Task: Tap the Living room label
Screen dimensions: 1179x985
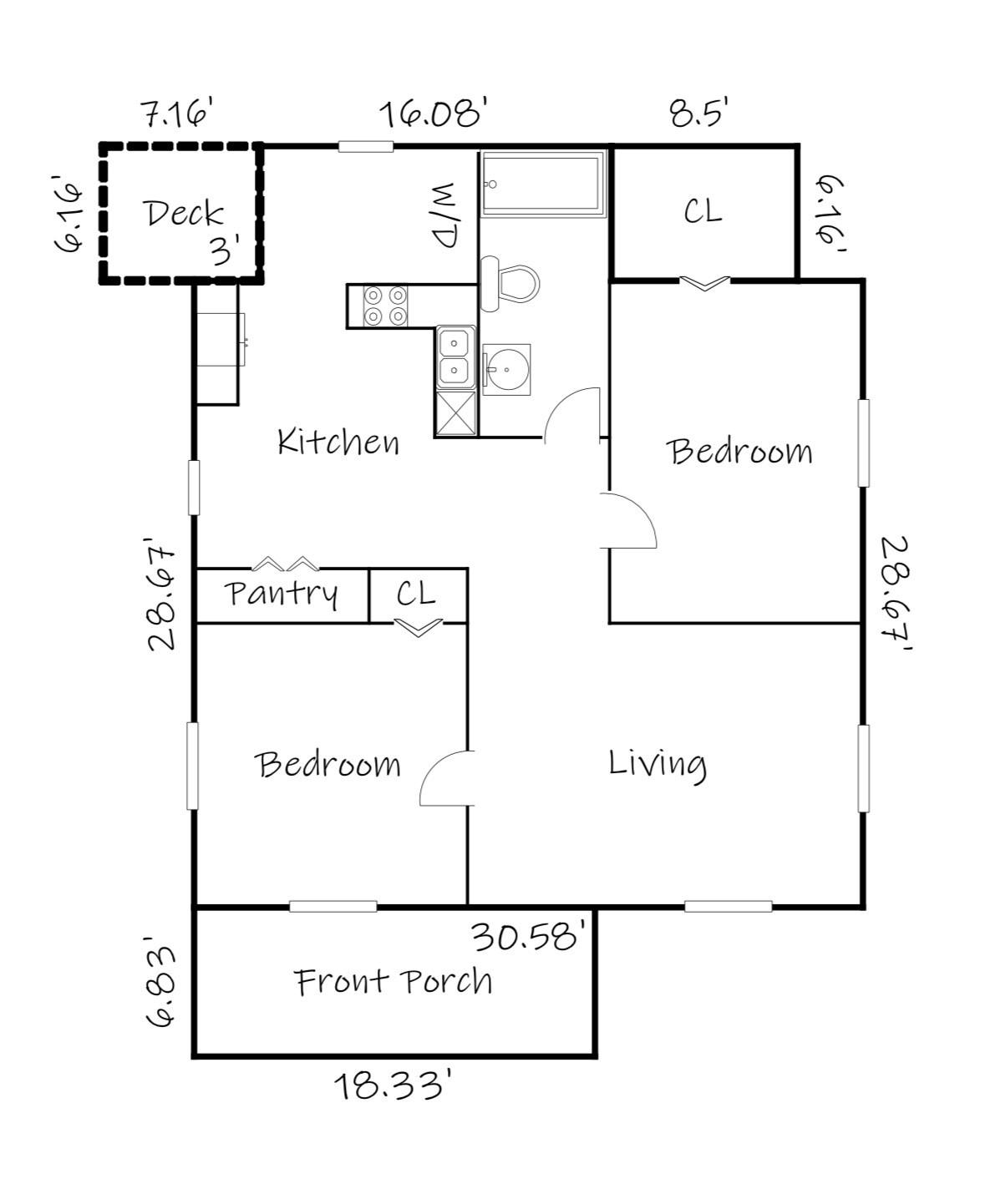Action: pyautogui.click(x=658, y=764)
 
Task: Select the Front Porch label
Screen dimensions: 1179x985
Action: pyautogui.click(x=393, y=981)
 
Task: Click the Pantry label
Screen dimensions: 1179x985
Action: pyautogui.click(x=282, y=594)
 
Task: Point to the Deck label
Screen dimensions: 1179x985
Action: pyautogui.click(x=185, y=214)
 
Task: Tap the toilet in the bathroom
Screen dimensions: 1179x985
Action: pyautogui.click(x=510, y=283)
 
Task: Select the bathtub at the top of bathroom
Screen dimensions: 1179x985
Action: pyautogui.click(x=542, y=184)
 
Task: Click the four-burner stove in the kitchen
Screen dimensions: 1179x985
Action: pyautogui.click(x=386, y=306)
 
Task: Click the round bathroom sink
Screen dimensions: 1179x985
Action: pyautogui.click(x=506, y=368)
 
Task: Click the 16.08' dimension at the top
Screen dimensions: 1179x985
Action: pyautogui.click(x=434, y=113)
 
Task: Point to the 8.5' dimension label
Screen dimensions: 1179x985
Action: pyautogui.click(x=700, y=113)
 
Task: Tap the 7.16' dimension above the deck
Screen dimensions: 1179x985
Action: pyautogui.click(x=177, y=113)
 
